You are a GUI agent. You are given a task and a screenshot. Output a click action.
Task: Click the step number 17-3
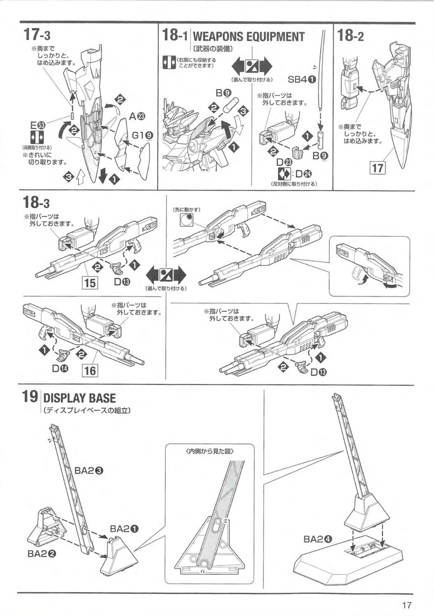(37, 34)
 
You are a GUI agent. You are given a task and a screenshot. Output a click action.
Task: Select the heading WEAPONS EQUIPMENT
(249, 37)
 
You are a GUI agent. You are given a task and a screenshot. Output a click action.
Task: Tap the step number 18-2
(350, 35)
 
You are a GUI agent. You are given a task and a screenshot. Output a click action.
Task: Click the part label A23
(137, 117)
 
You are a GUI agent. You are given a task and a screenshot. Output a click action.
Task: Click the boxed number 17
(377, 168)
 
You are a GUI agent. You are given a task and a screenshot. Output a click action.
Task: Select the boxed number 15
(90, 283)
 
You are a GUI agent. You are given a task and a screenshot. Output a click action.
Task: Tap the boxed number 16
(90, 371)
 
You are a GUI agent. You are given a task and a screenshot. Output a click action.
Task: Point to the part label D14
(60, 368)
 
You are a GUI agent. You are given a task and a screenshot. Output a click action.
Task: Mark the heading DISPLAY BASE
(79, 398)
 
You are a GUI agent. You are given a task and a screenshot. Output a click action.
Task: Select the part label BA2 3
(89, 471)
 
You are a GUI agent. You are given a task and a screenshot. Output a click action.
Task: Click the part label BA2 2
(42, 553)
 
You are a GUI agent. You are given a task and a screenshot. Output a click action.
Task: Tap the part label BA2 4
(318, 539)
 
